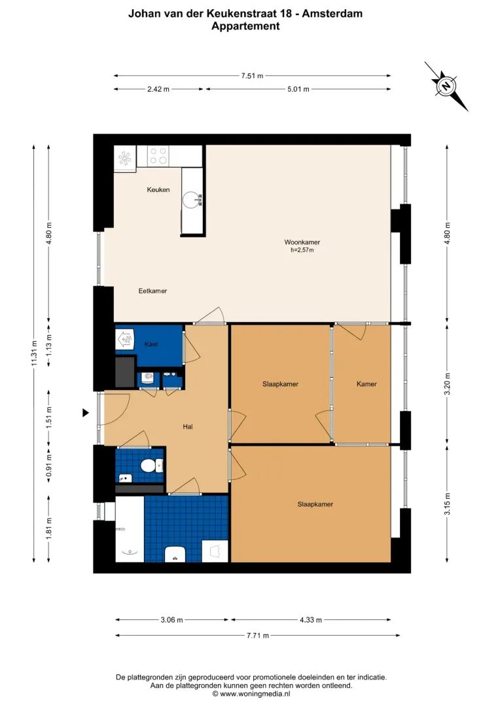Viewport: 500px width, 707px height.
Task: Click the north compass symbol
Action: [x=446, y=86]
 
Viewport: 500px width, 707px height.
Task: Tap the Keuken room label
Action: [x=158, y=190]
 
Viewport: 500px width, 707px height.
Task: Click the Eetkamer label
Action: [x=152, y=291]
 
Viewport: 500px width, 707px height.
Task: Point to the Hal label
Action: [x=188, y=427]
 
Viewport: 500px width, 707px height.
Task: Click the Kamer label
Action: [x=366, y=384]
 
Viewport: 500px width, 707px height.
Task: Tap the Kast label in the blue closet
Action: [x=151, y=344]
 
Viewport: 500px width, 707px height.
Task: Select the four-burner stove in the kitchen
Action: [x=158, y=155]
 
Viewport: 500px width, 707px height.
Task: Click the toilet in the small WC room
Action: [x=149, y=466]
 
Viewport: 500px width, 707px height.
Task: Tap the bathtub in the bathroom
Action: [x=129, y=529]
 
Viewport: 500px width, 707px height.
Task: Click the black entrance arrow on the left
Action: [x=85, y=412]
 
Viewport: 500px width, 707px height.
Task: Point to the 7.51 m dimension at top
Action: [x=252, y=76]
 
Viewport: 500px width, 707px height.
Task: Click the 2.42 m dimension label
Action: [x=158, y=89]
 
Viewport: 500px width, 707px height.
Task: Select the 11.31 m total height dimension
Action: [x=33, y=353]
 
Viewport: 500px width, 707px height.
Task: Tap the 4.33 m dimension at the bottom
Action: [x=310, y=620]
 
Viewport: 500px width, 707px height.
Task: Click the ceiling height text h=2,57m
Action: [x=302, y=249]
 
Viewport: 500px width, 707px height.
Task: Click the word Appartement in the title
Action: [x=245, y=26]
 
